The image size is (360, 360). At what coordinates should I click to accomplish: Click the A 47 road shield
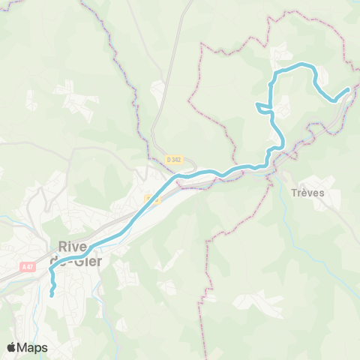pyautogui.click(x=28, y=266)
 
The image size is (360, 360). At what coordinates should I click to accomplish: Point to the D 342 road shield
pyautogui.click(x=173, y=159)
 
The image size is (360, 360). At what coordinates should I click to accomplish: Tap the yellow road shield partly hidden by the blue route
pyautogui.click(x=151, y=199)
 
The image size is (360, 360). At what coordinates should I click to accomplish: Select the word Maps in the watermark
pyautogui.click(x=34, y=347)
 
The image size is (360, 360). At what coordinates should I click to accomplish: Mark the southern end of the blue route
pyautogui.click(x=51, y=295)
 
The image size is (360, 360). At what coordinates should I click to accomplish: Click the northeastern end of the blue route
pyautogui.click(x=348, y=90)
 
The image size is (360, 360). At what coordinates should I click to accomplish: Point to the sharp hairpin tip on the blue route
pyautogui.click(x=257, y=104)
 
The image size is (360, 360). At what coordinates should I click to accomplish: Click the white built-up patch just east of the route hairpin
pyautogui.click(x=283, y=111)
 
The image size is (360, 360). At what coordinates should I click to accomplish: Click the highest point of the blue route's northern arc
pyautogui.click(x=301, y=64)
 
